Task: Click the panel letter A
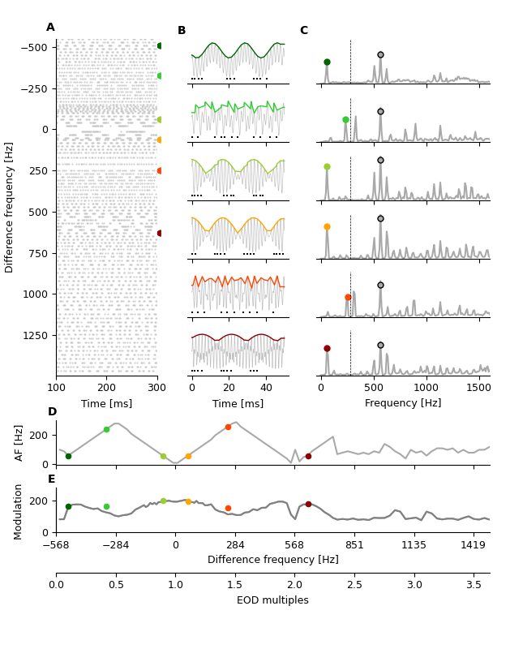[50, 28]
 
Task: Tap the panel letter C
[303, 31]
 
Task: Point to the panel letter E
[51, 479]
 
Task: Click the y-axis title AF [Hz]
[19, 442]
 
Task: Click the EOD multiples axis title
[272, 600]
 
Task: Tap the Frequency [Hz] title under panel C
[403, 403]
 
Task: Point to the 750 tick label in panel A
[36, 253]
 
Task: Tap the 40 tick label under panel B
[266, 388]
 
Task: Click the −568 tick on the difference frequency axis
[56, 545]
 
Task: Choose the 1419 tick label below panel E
[474, 545]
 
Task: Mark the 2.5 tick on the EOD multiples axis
[354, 584]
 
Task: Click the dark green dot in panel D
[68, 456]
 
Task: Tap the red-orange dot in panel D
[228, 427]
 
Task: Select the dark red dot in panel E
[308, 504]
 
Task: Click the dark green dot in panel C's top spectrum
[327, 62]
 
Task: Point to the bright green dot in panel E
[106, 506]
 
